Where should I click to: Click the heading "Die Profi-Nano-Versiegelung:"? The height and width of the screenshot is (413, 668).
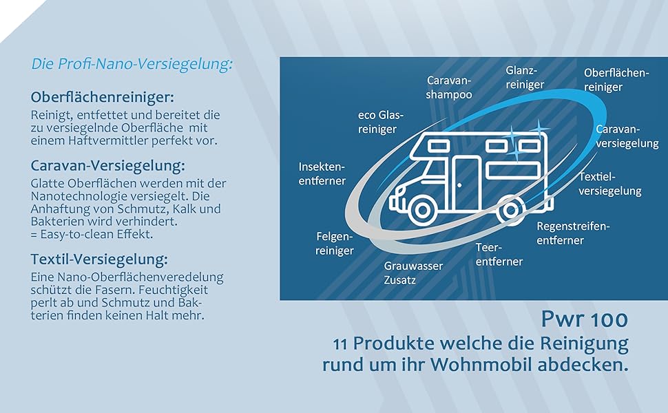pyautogui.click(x=132, y=64)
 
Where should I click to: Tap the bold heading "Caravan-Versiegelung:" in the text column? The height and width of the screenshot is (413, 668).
pyautogui.click(x=108, y=166)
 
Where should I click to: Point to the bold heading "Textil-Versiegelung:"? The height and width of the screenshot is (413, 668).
pyautogui.click(x=99, y=260)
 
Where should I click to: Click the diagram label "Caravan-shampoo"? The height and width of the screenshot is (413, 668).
pyautogui.click(x=449, y=87)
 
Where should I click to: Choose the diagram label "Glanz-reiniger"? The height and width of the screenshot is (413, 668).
pyautogui.click(x=525, y=77)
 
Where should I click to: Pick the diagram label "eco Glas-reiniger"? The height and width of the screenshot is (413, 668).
pyautogui.click(x=381, y=122)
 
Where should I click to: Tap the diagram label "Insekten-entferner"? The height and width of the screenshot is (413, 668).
pyautogui.click(x=322, y=173)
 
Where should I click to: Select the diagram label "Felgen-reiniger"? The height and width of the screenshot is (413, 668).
pyautogui.click(x=335, y=243)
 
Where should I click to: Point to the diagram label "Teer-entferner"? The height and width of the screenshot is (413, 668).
pyautogui.click(x=499, y=254)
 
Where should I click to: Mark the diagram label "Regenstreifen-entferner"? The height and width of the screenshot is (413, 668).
pyautogui.click(x=573, y=233)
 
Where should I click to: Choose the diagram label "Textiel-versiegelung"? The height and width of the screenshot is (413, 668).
pyautogui.click(x=609, y=184)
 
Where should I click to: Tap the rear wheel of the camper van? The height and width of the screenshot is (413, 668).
pyautogui.click(x=510, y=208)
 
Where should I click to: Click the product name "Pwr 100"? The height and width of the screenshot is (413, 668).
pyautogui.click(x=584, y=319)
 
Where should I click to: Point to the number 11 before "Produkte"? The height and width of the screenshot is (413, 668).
pyautogui.click(x=342, y=343)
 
